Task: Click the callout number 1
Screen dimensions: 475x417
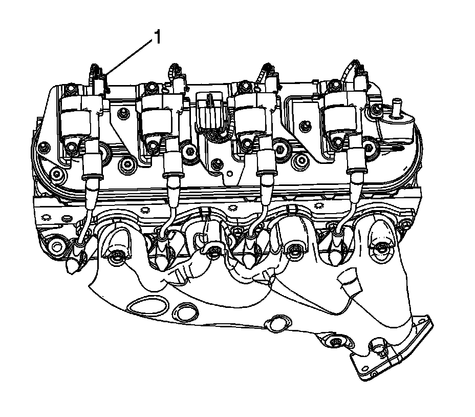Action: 158,37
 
